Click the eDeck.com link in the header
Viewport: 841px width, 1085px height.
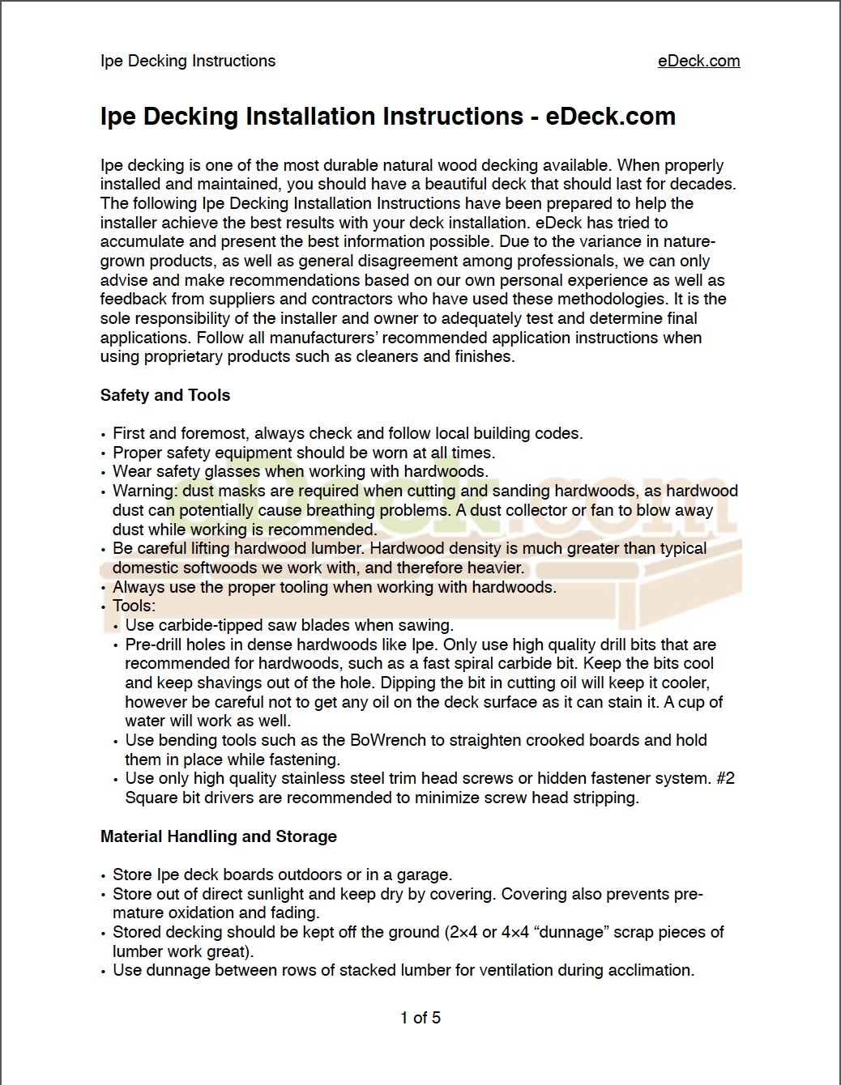click(x=698, y=61)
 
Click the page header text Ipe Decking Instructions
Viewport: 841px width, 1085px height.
click(x=188, y=61)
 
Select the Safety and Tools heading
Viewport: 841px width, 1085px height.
click(x=165, y=395)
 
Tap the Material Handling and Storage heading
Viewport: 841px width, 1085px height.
click(x=219, y=836)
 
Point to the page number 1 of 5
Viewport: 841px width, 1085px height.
click(x=420, y=1018)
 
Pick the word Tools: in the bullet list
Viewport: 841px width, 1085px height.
click(x=134, y=606)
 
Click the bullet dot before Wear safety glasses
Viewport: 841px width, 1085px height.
click(x=104, y=473)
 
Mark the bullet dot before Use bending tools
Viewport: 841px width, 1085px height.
click(x=117, y=742)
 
